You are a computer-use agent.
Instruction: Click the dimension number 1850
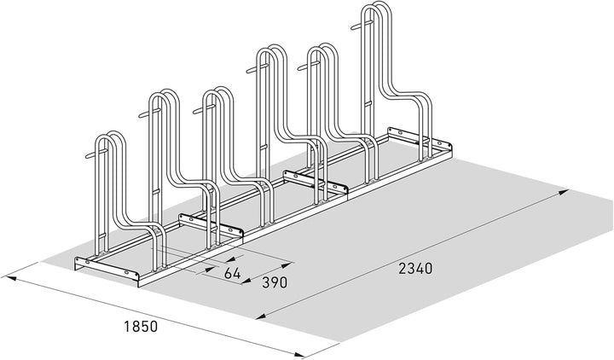click(x=141, y=327)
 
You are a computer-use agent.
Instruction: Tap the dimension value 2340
click(x=415, y=269)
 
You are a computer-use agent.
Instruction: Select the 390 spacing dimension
click(x=275, y=282)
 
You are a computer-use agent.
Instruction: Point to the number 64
click(x=232, y=273)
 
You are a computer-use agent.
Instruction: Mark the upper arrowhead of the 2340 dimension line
click(x=563, y=192)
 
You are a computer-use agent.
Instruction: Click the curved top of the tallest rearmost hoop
click(x=376, y=7)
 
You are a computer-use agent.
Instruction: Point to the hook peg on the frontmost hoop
click(x=92, y=155)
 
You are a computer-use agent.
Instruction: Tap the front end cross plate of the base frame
click(x=107, y=268)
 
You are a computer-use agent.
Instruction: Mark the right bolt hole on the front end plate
click(x=125, y=271)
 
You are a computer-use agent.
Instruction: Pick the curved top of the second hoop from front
click(x=164, y=94)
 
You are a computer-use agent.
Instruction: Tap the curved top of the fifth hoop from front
click(x=321, y=48)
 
